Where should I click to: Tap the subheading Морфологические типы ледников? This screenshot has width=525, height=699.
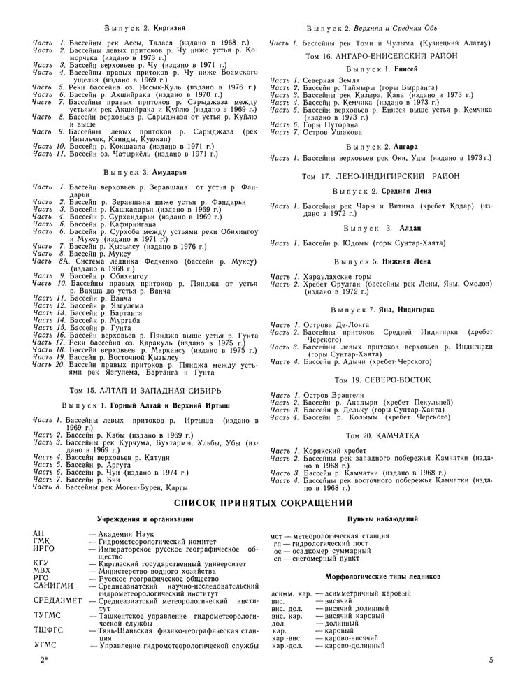382,577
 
